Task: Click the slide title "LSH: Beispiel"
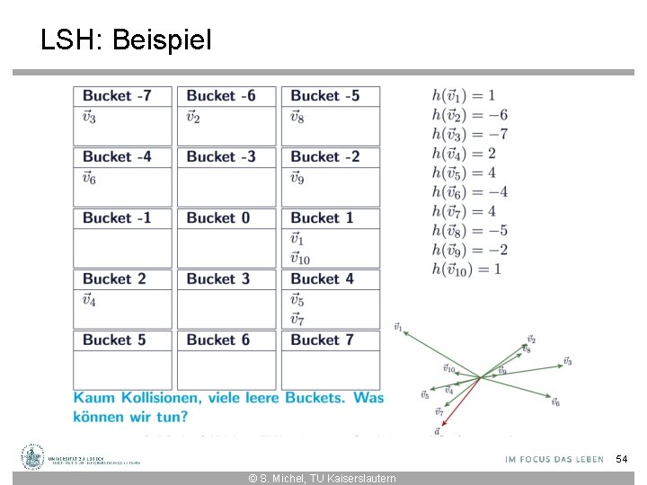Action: (126, 40)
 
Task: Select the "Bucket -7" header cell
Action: (117, 96)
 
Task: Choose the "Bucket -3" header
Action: (221, 157)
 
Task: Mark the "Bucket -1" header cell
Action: (117, 218)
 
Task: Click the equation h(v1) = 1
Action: (464, 95)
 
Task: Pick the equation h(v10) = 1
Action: (466, 269)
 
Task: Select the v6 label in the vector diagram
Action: (555, 402)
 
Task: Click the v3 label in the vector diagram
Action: (567, 361)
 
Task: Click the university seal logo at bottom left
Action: (33, 457)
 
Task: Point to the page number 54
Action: (621, 460)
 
